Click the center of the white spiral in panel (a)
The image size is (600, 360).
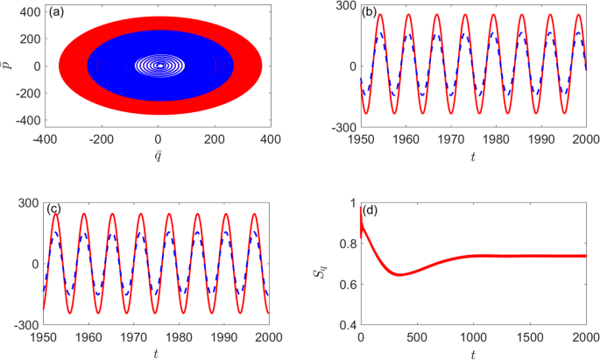pos(159,65)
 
